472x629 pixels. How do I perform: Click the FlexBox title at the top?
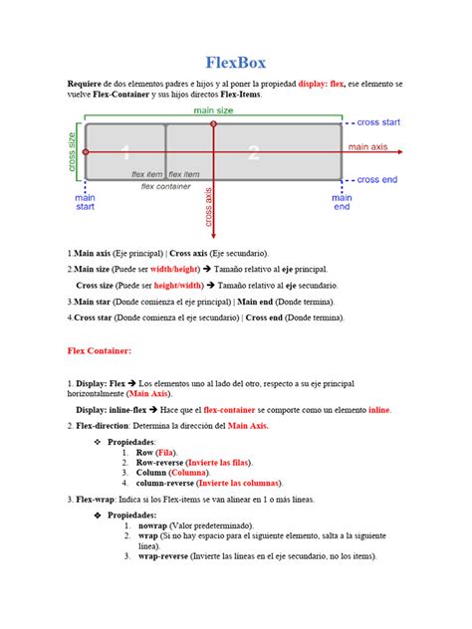236,63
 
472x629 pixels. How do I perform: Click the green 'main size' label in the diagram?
213,110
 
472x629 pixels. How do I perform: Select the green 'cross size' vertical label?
73,151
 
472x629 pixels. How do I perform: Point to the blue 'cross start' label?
378,122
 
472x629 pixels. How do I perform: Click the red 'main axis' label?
373,146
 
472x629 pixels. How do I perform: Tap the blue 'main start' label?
86,202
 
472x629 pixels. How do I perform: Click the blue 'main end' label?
342,202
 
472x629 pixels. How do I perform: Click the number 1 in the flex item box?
125,152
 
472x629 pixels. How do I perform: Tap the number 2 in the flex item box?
254,152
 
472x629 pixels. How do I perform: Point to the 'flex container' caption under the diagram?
166,186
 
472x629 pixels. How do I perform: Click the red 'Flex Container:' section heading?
100,350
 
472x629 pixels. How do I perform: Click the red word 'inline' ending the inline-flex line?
379,409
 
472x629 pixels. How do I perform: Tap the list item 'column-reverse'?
169,483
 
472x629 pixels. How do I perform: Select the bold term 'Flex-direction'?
107,425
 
